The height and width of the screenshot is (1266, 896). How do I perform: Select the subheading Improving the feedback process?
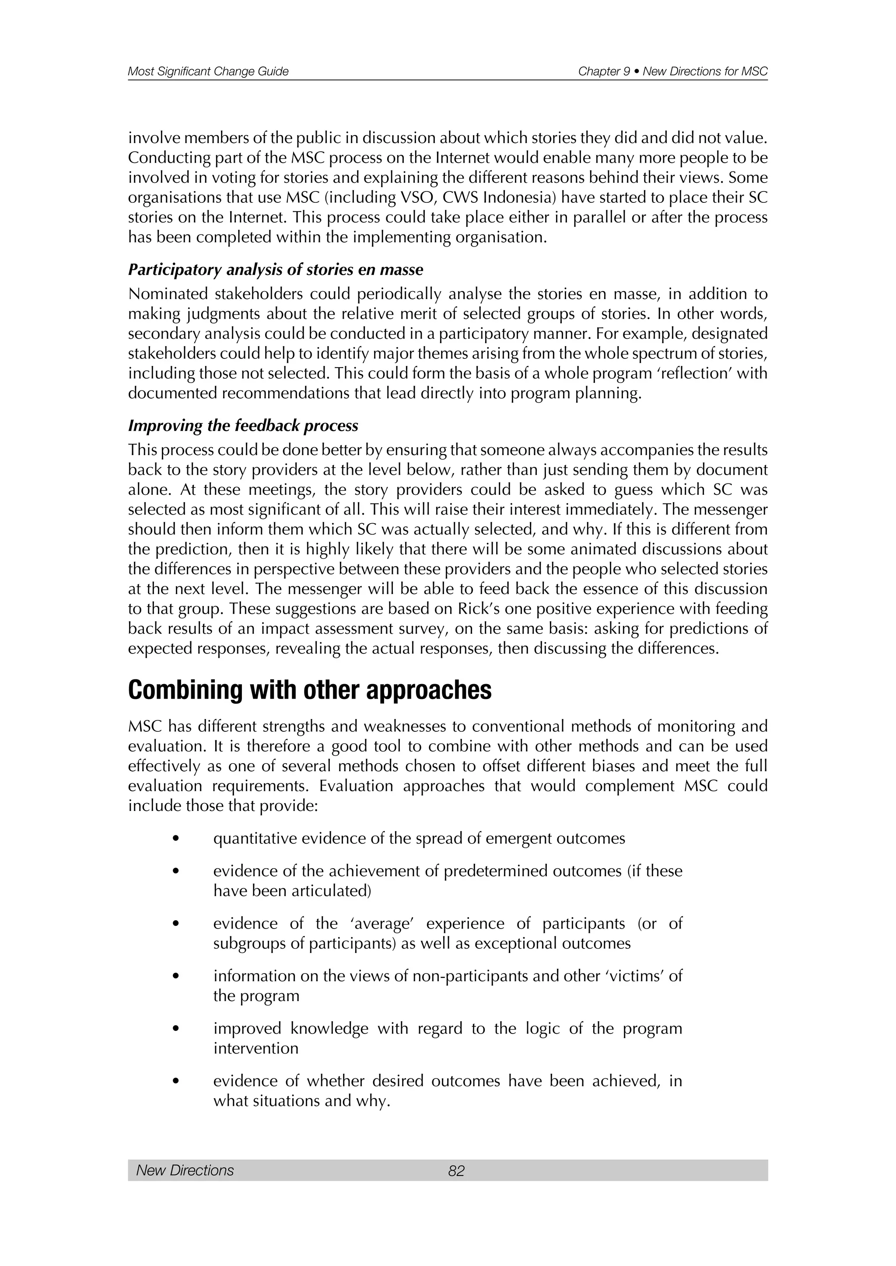click(243, 426)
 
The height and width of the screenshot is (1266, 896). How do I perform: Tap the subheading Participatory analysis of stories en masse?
click(275, 270)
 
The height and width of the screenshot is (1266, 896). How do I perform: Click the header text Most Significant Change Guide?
click(208, 71)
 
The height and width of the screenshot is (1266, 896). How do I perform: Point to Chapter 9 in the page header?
click(604, 71)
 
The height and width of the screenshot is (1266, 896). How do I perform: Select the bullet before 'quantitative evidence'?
click(176, 838)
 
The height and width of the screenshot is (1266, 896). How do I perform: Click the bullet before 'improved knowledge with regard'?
click(176, 1028)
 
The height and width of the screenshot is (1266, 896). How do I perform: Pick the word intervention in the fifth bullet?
click(255, 1048)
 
